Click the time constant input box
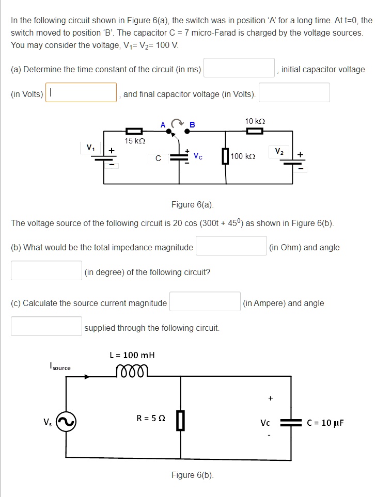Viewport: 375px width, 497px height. (x=239, y=68)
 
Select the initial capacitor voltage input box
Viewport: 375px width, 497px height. (x=81, y=93)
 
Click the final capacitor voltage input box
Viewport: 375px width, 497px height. (x=294, y=93)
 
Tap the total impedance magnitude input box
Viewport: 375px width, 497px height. (x=231, y=246)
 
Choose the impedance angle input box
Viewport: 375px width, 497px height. (x=46, y=270)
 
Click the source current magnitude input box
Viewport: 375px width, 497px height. (x=205, y=302)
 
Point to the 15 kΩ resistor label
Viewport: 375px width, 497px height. (x=135, y=140)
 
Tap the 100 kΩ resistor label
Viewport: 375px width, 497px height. (x=243, y=156)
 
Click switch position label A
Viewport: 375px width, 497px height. (x=163, y=124)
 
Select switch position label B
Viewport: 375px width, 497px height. (x=193, y=124)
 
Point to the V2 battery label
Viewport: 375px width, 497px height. (x=279, y=151)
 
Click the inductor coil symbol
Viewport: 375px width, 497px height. (x=132, y=371)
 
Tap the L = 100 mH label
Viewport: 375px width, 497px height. (x=132, y=355)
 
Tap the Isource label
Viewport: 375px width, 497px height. (x=60, y=367)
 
